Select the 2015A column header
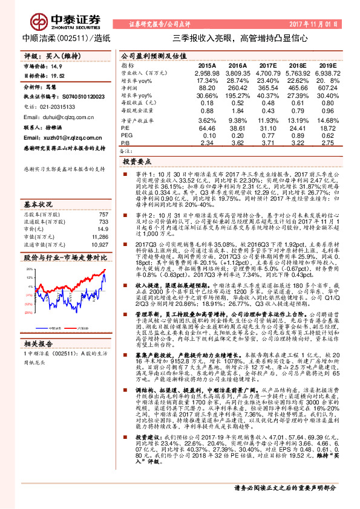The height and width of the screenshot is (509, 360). pyautogui.click(x=206, y=65)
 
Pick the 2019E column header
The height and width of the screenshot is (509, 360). pyautogui.click(x=327, y=65)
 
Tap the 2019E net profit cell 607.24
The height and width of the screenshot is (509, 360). pyautogui.click(x=327, y=88)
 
